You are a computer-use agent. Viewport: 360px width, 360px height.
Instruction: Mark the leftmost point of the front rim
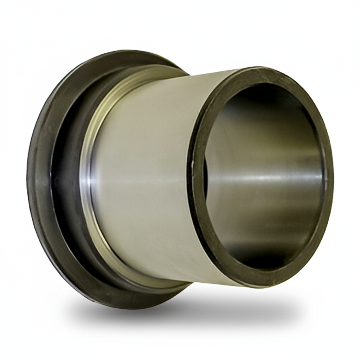pos(192,176)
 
